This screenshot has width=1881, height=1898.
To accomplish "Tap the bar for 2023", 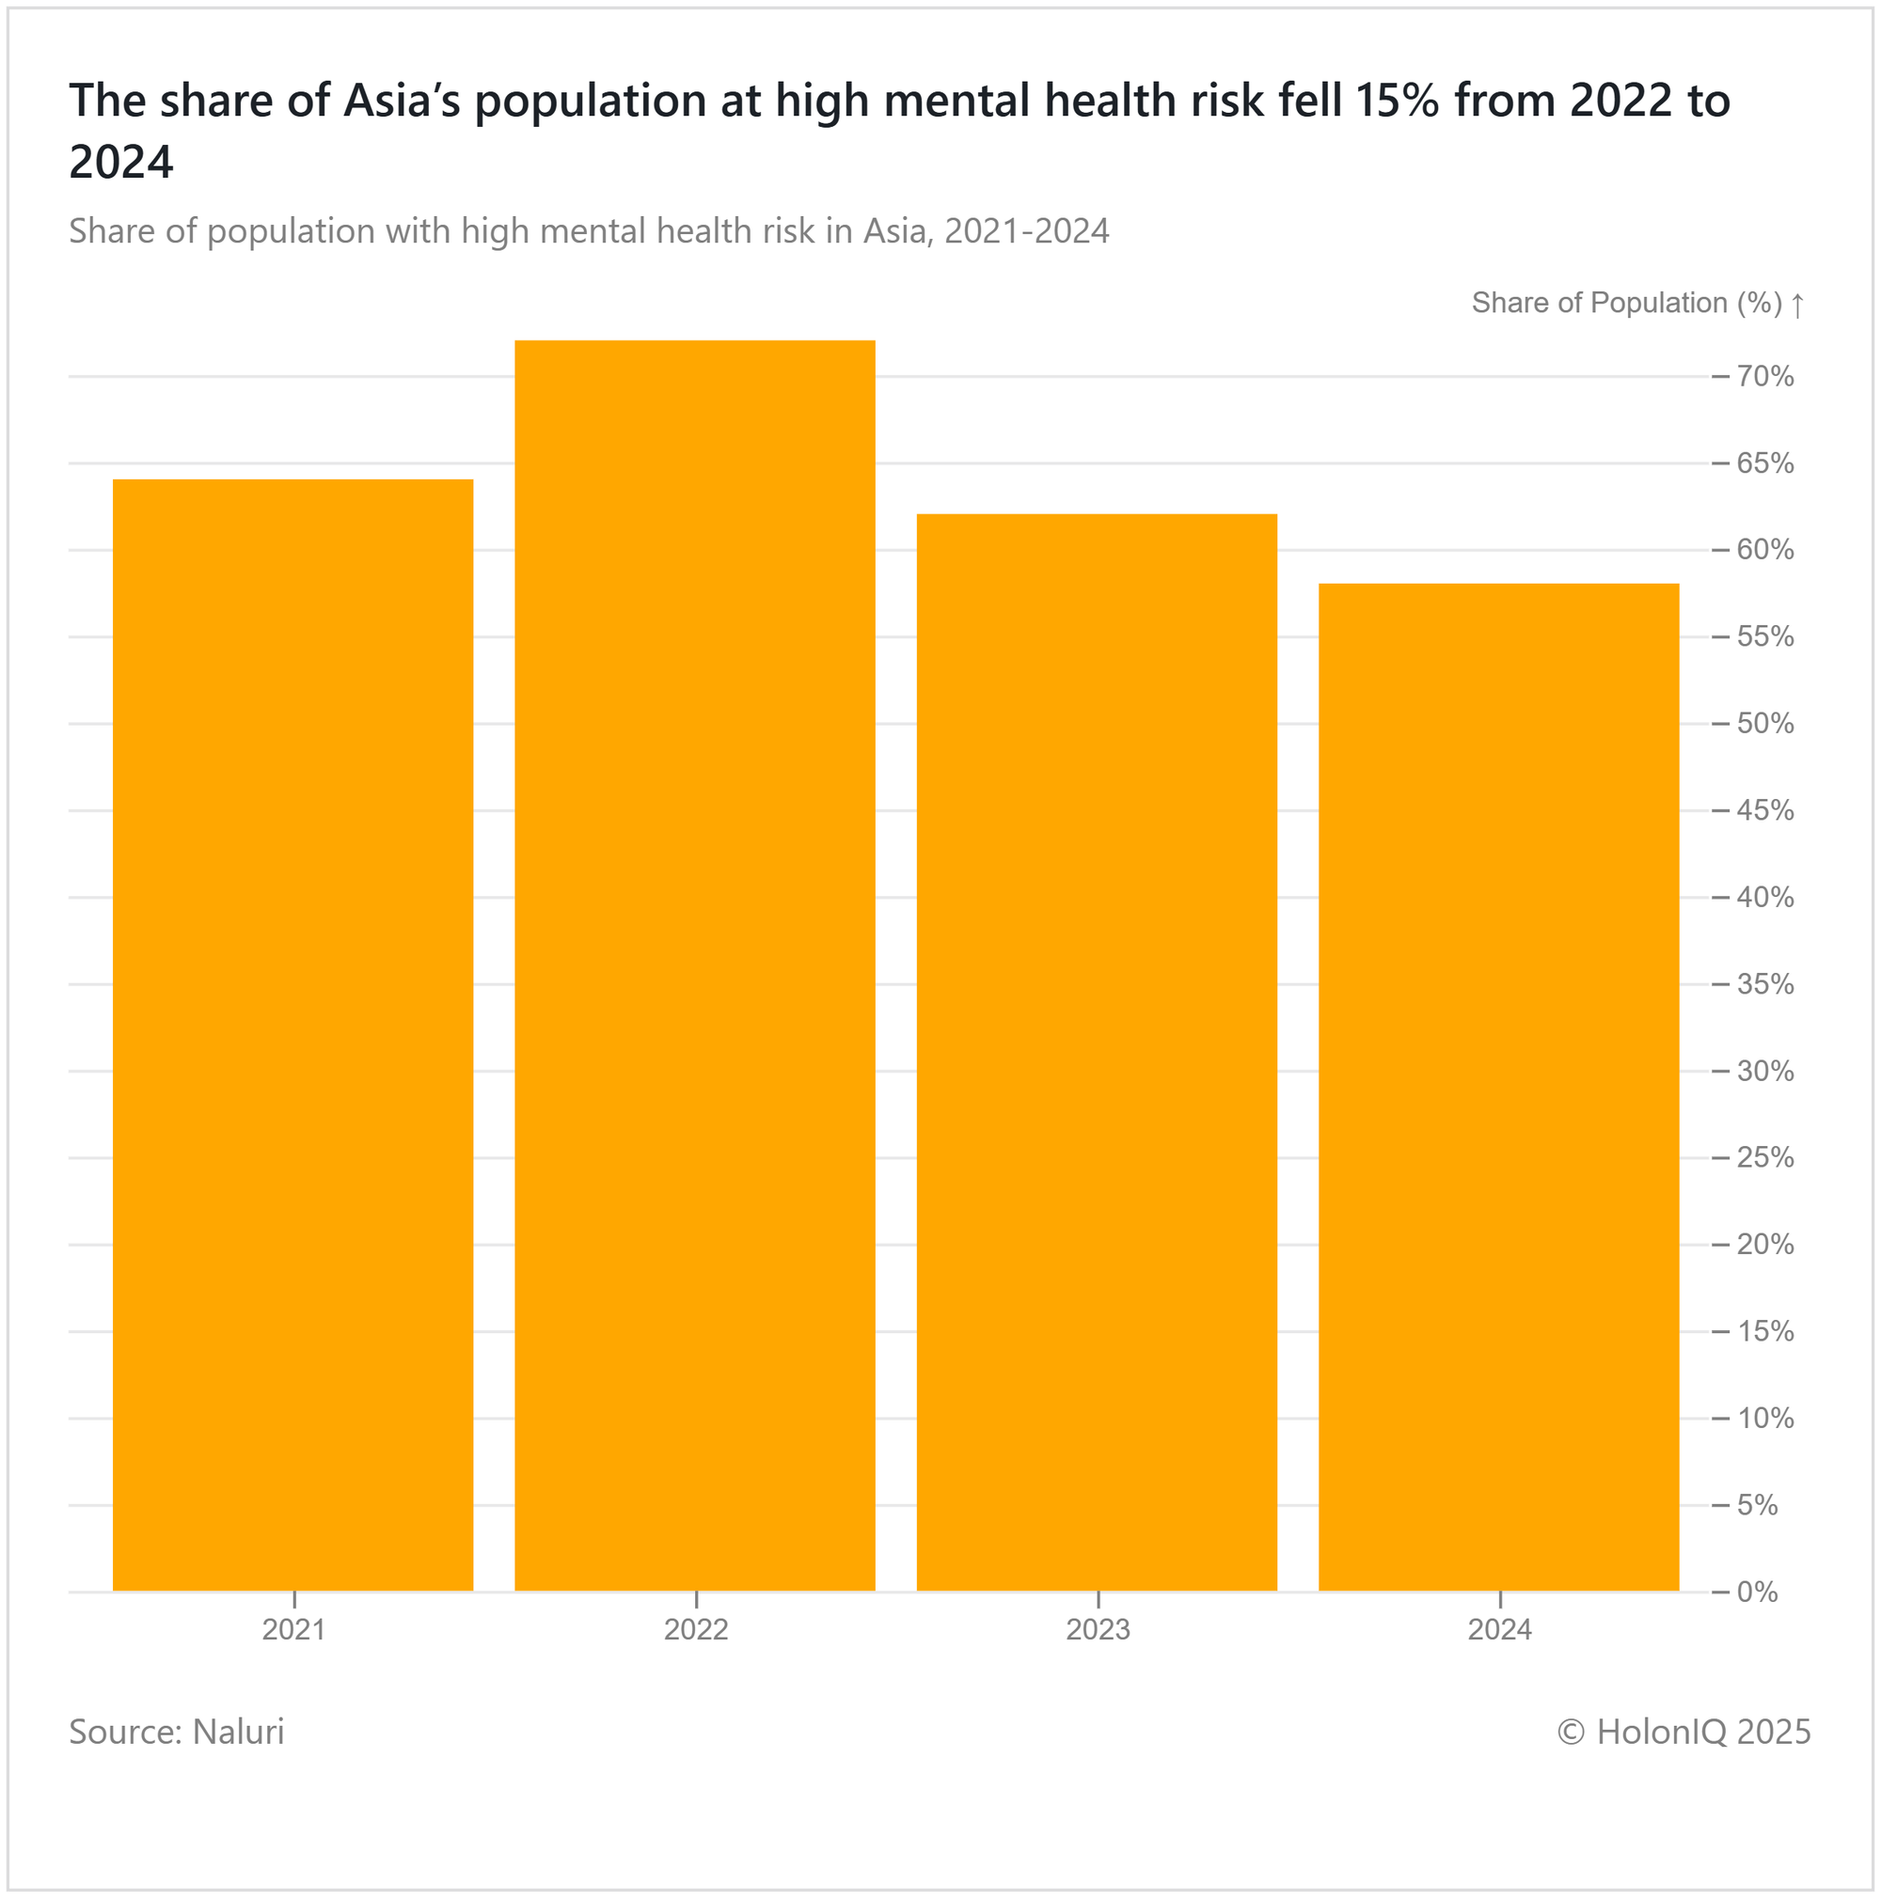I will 1097,1052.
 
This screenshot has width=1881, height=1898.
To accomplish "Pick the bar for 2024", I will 1499,1087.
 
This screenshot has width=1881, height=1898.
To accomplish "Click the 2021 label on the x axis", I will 293,1630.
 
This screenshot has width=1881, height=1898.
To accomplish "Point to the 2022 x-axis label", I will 696,1630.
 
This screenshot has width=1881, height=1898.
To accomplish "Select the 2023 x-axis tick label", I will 1098,1630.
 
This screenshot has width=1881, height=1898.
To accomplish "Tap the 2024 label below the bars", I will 1500,1630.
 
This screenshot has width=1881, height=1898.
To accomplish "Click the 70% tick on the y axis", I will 1765,377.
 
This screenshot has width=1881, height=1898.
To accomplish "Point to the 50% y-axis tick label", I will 1765,724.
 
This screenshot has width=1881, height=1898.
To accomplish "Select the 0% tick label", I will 1757,1592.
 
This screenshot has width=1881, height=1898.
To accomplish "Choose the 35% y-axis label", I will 1765,984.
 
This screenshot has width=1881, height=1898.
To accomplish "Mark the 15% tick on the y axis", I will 1765,1332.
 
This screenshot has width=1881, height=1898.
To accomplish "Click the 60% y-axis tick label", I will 1765,550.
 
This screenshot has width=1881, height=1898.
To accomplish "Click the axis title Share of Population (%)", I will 1626,303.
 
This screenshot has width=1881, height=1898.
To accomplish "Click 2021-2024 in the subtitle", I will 1026,231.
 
